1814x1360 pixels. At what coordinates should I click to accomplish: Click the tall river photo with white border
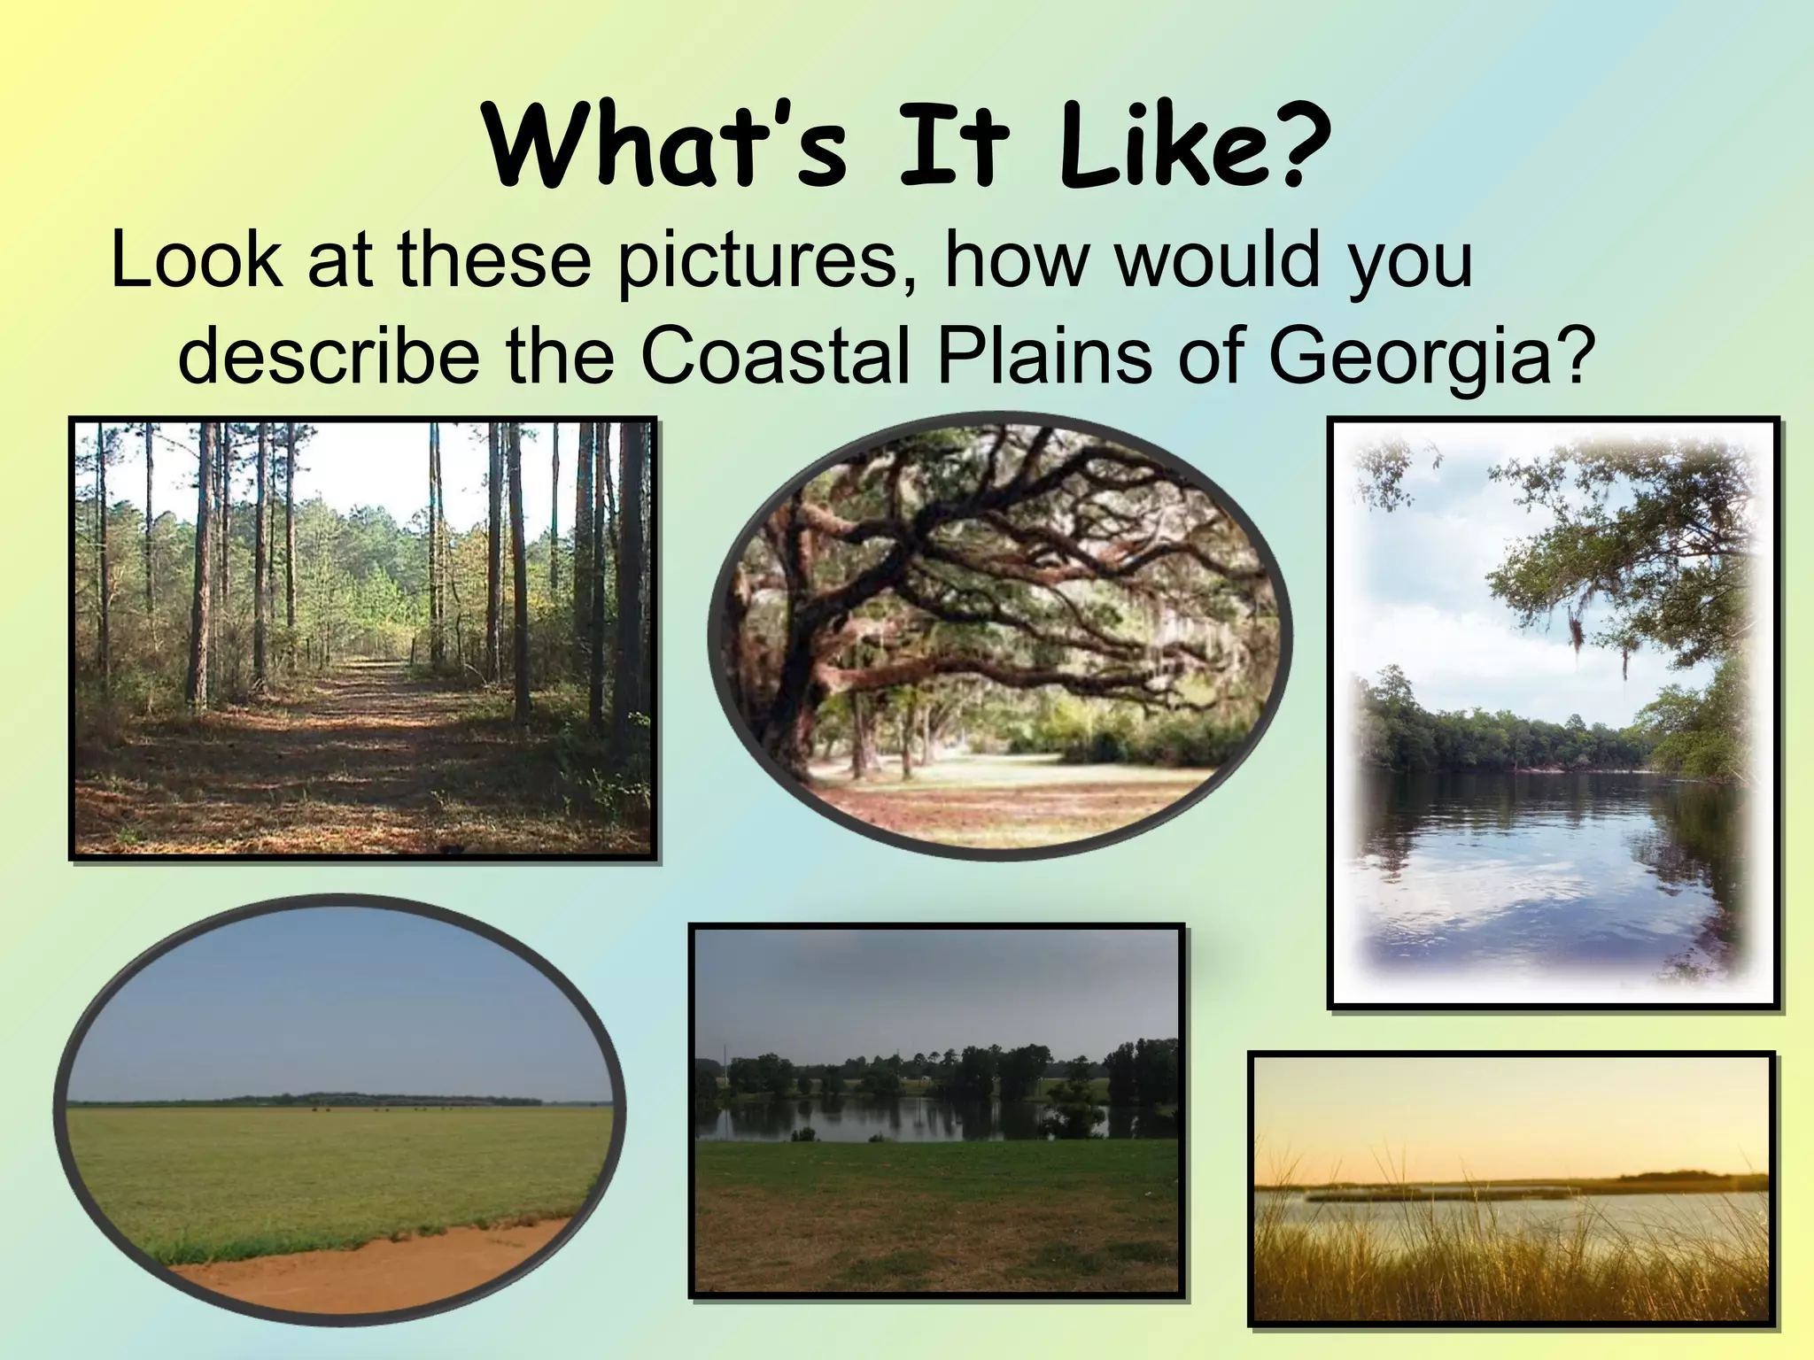[x=1554, y=713]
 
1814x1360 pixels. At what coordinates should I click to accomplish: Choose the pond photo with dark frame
[x=936, y=1111]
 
